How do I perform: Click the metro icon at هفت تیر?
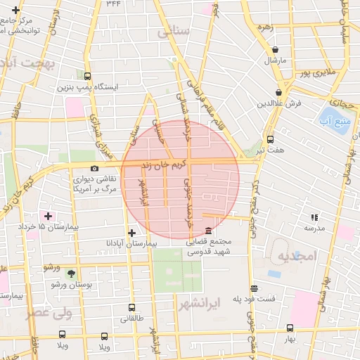pos(270,139)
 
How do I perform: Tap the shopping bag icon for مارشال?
pos(274,49)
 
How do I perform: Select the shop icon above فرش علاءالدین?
pos(279,92)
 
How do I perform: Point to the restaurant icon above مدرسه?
pos(314,217)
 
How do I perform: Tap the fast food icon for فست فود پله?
pos(254,288)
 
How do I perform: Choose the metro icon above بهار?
pos(290,328)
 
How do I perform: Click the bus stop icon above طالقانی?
pos(132,307)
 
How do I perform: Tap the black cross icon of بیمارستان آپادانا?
pos(131,232)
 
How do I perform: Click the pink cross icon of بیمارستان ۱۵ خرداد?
pos(48,215)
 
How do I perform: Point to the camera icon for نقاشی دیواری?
pos(94,168)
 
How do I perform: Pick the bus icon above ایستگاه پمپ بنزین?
pos(87,76)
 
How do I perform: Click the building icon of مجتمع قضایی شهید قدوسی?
pos(208,231)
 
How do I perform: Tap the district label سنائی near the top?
pos(174,32)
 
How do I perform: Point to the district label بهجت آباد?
pos(28,64)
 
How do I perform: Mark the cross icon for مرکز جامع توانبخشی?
pos(15,10)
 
